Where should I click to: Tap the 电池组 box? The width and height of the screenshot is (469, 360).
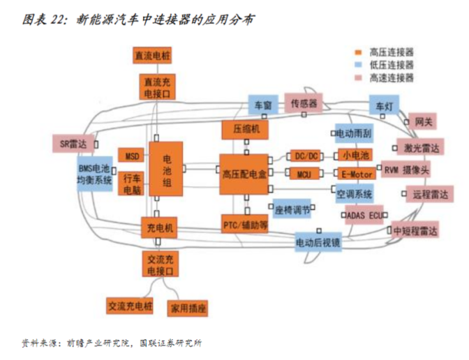point(167,172)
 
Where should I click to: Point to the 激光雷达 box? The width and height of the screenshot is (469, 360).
point(421,147)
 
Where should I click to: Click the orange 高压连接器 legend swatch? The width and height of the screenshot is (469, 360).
point(357,52)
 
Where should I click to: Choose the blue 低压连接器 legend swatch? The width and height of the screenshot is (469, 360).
point(357,64)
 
